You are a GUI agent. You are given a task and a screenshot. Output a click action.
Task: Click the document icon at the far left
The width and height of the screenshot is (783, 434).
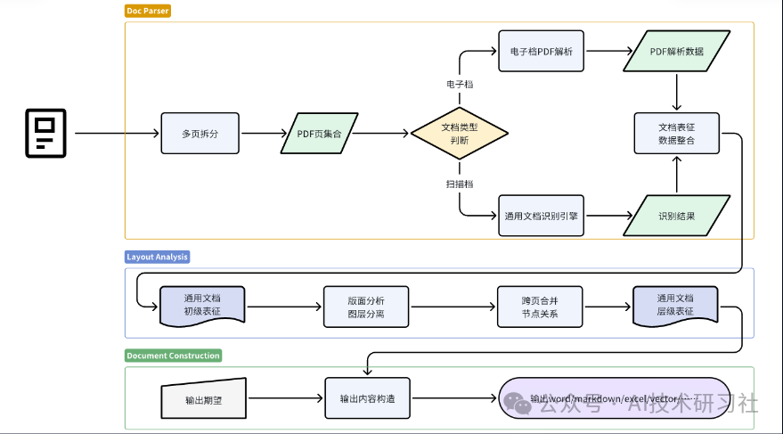(x=46, y=133)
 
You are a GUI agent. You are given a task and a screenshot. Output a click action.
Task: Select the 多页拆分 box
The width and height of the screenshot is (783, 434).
(x=200, y=134)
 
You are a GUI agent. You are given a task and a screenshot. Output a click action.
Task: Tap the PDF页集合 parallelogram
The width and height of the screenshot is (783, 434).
(x=319, y=134)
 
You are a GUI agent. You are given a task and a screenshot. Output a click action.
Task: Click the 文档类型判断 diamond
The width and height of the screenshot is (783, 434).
(x=460, y=134)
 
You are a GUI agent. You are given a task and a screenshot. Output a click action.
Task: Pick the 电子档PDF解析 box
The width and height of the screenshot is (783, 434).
(x=541, y=52)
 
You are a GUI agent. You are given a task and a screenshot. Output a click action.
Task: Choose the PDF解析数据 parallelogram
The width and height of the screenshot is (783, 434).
(x=677, y=52)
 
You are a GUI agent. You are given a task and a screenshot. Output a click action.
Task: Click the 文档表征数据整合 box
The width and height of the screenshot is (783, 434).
(x=676, y=134)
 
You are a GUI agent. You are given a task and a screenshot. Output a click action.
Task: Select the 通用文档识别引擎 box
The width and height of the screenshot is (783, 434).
(x=541, y=216)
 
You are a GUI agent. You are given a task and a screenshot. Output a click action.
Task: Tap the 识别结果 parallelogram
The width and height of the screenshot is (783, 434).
(x=677, y=216)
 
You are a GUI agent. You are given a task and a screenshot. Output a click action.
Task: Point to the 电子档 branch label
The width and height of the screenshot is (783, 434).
(x=460, y=84)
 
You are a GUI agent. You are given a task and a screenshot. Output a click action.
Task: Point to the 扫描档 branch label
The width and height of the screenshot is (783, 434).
(x=460, y=184)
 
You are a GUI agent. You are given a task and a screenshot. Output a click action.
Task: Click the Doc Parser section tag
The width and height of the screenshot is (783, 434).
(x=148, y=11)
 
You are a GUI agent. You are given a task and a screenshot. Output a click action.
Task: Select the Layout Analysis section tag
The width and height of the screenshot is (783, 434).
(x=158, y=257)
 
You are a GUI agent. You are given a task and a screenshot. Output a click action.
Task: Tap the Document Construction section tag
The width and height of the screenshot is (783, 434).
(x=173, y=356)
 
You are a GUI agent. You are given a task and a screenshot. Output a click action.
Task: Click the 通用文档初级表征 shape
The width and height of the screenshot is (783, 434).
(x=202, y=305)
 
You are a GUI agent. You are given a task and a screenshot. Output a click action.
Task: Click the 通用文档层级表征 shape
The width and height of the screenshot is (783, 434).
(x=675, y=305)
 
